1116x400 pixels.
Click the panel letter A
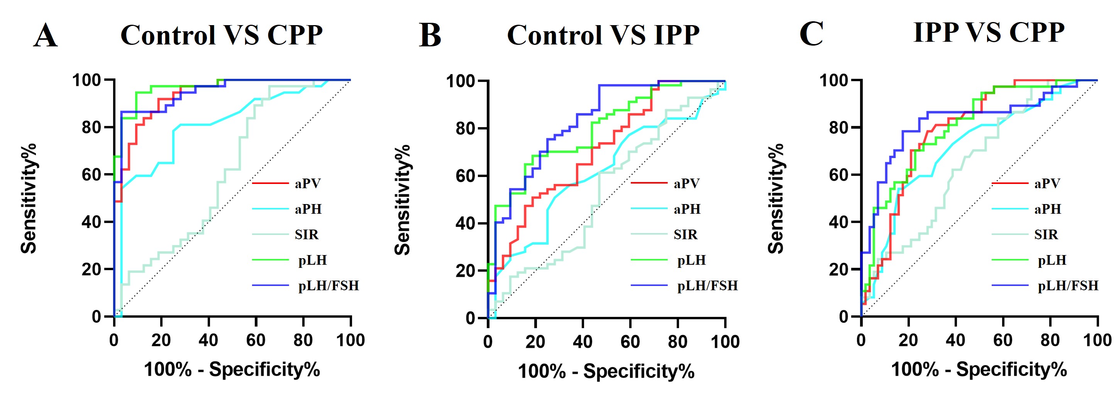[x=46, y=36]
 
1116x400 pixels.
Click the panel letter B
[x=430, y=36]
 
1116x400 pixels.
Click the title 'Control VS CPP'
[x=221, y=35]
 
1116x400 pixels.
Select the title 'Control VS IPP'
[x=603, y=35]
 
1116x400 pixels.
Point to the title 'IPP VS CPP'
[x=989, y=32]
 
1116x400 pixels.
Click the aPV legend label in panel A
[x=308, y=184]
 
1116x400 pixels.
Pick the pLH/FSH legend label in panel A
[x=329, y=286]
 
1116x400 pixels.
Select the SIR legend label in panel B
[x=685, y=235]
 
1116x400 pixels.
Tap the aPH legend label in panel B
[x=687, y=209]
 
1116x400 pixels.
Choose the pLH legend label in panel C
[x=1052, y=260]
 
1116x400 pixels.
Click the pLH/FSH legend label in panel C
[x=1068, y=286]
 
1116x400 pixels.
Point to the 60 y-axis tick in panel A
[x=91, y=175]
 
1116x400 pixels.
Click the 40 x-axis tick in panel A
[x=208, y=340]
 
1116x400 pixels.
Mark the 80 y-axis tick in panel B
[x=465, y=129]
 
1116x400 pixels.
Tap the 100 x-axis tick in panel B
[x=725, y=342]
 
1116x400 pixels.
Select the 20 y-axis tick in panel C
[x=838, y=269]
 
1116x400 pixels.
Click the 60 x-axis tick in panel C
[x=1003, y=340]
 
